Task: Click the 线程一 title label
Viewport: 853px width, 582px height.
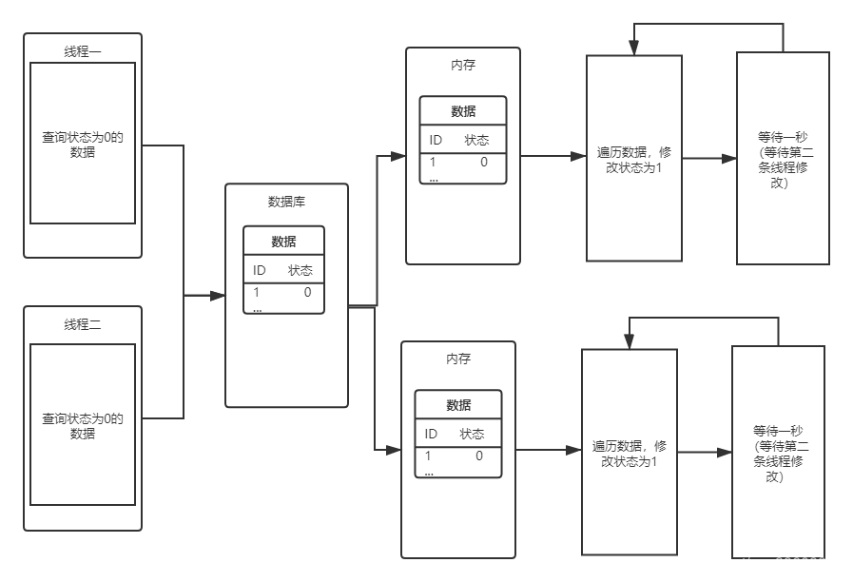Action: click(83, 51)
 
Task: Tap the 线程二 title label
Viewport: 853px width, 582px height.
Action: click(83, 324)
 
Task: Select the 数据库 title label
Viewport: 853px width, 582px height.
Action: click(286, 202)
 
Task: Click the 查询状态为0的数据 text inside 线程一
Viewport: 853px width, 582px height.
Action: click(83, 145)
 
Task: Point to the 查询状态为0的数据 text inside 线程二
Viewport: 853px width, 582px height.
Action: click(83, 425)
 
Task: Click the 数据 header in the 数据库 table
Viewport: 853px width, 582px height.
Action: click(283, 242)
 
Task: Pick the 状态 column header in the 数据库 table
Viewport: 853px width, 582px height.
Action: click(300, 270)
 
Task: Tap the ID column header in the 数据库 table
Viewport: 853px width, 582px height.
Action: click(260, 270)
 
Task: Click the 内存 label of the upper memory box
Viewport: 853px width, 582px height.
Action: click(463, 66)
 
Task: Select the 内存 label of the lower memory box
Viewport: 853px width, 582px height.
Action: click(458, 359)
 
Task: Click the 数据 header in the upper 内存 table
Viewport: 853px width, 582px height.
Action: click(463, 111)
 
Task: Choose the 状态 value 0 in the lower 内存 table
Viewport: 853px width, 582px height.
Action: click(479, 456)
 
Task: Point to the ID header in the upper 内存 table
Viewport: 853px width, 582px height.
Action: click(436, 140)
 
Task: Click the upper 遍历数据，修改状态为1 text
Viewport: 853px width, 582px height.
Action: click(634, 158)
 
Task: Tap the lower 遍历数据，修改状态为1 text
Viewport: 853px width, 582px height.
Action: click(630, 453)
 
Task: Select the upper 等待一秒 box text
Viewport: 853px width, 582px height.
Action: click(783, 159)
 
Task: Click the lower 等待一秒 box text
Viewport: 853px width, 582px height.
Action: click(778, 452)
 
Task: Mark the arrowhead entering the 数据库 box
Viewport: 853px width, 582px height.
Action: click(219, 297)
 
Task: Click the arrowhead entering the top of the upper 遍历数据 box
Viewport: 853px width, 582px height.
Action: click(634, 49)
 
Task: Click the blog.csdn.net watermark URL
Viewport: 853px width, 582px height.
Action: click(727, 564)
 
